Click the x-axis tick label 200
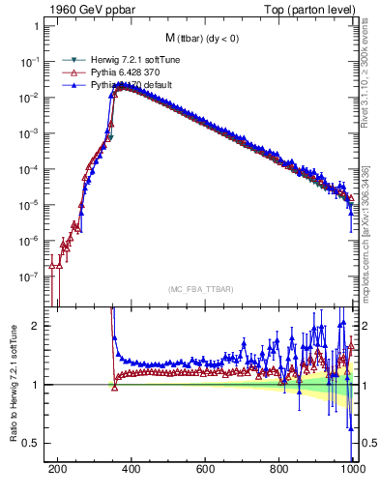click(58, 471)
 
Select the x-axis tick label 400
click(132, 471)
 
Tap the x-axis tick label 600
click(206, 471)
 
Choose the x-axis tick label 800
click(279, 471)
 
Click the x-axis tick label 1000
click(352, 471)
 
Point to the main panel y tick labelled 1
click(35, 26)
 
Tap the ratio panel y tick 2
click(35, 326)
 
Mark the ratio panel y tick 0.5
click(31, 443)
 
